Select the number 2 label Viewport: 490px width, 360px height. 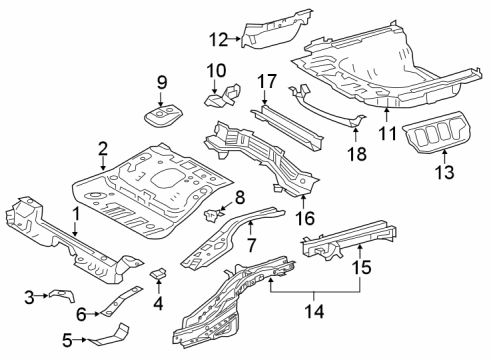pyautogui.click(x=102, y=149)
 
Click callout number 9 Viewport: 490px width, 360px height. pyautogui.click(x=161, y=81)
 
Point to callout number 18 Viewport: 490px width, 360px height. pyautogui.click(x=354, y=154)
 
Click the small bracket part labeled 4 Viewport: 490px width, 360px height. pyautogui.click(x=156, y=274)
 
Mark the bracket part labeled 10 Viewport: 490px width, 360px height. pyautogui.click(x=222, y=98)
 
